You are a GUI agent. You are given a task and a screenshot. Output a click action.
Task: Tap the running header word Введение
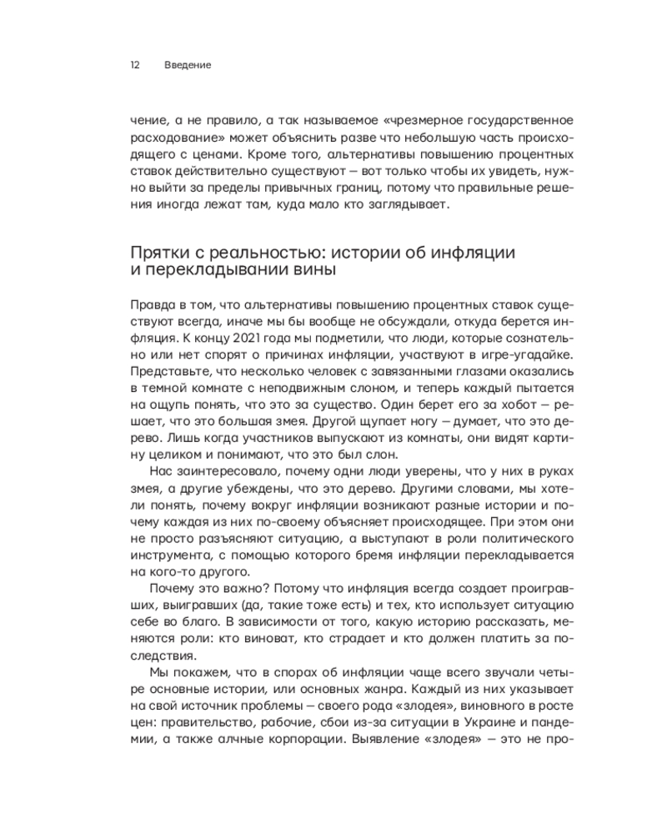188,64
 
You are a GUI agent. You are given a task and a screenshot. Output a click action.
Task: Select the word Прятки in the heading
160,253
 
